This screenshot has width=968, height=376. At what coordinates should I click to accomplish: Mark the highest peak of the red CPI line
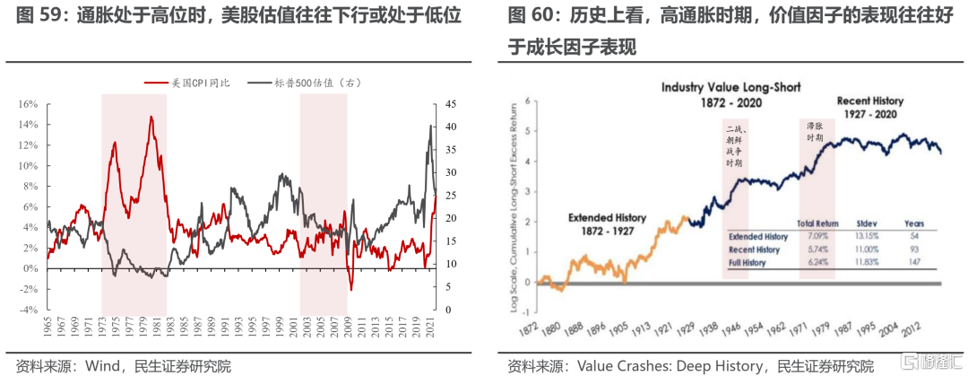[151, 117]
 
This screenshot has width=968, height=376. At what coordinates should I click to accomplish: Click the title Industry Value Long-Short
[731, 88]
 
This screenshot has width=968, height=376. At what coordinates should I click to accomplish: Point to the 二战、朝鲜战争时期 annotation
[735, 147]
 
